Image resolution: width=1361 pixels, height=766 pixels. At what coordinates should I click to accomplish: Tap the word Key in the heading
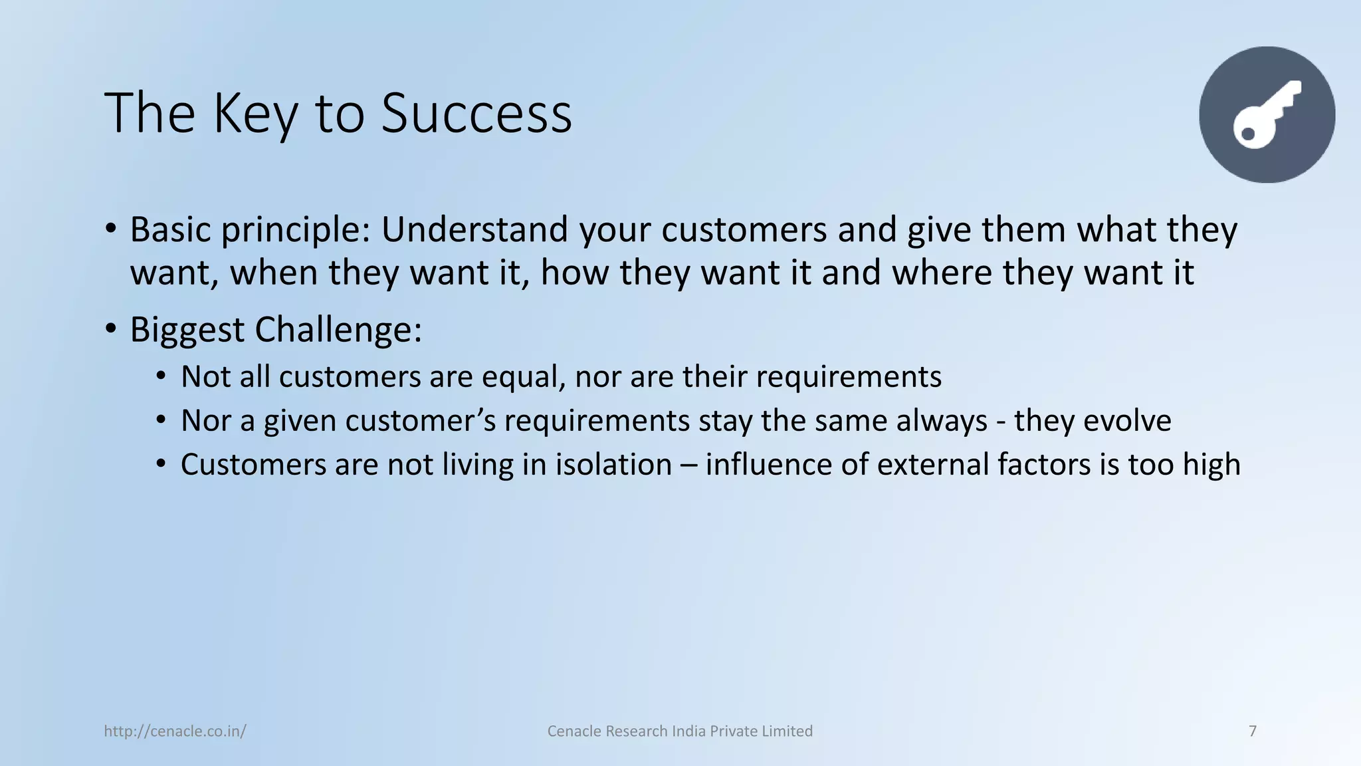tap(255, 114)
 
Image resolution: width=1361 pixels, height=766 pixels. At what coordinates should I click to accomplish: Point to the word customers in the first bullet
tap(744, 229)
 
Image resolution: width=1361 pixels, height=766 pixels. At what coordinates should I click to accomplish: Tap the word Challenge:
tap(338, 330)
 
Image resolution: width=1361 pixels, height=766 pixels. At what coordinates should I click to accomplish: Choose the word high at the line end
tap(1211, 465)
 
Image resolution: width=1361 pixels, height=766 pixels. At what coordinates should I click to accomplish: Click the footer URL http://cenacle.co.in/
tap(175, 731)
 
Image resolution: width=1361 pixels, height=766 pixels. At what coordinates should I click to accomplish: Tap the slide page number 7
tap(1253, 731)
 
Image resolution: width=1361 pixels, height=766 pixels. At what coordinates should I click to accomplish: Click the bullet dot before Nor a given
tap(161, 420)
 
